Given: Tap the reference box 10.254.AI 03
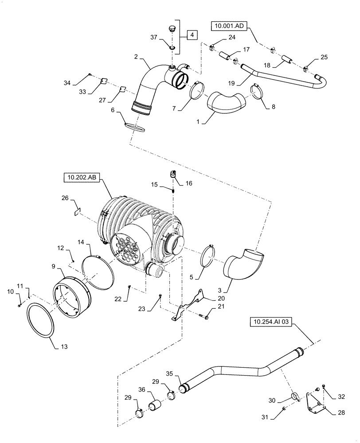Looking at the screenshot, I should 272,323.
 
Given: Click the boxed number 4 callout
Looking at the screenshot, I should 192,34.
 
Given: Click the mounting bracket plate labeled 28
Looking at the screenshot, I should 315,400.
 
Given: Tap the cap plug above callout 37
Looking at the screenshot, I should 172,30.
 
